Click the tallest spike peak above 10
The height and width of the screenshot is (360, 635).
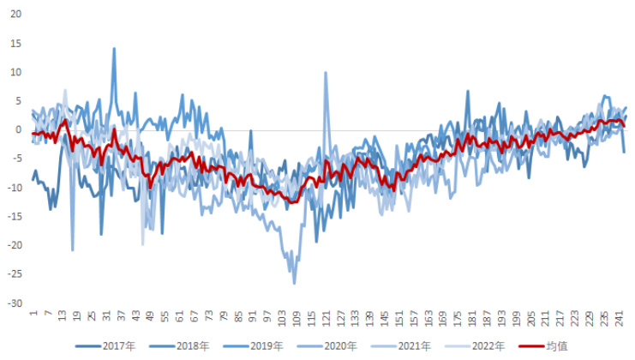(114, 48)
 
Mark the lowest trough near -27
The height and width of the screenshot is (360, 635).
(294, 284)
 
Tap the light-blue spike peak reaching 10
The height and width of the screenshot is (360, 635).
(326, 73)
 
